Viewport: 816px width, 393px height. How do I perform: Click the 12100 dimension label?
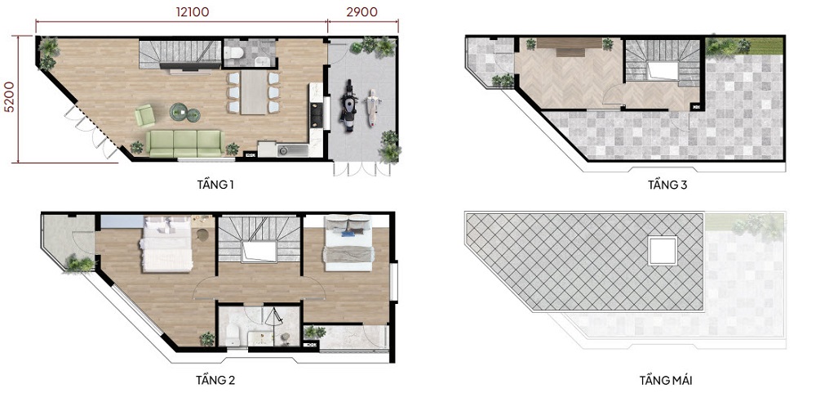coord(192,12)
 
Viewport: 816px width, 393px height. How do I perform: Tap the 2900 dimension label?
coord(362,12)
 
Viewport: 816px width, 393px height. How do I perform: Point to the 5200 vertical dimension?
coord(8,97)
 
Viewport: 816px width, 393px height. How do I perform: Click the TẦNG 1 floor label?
coord(215,185)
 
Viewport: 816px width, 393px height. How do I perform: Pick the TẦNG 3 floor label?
coord(667,185)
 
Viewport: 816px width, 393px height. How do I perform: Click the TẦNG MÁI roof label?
coord(666,380)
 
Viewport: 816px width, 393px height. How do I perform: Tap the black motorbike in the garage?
coord(348,106)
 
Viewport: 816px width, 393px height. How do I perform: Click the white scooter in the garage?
coord(372,107)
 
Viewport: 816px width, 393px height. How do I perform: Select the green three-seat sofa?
coord(184,143)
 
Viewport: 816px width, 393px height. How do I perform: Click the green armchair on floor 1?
coord(145,115)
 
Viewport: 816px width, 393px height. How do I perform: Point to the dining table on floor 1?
coord(253,92)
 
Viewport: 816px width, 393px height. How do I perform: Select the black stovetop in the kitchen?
coord(315,115)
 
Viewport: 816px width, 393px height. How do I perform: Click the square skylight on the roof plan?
coord(663,250)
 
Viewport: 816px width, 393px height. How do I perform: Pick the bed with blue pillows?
coord(348,243)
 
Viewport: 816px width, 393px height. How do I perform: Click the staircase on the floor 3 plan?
coord(662,63)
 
